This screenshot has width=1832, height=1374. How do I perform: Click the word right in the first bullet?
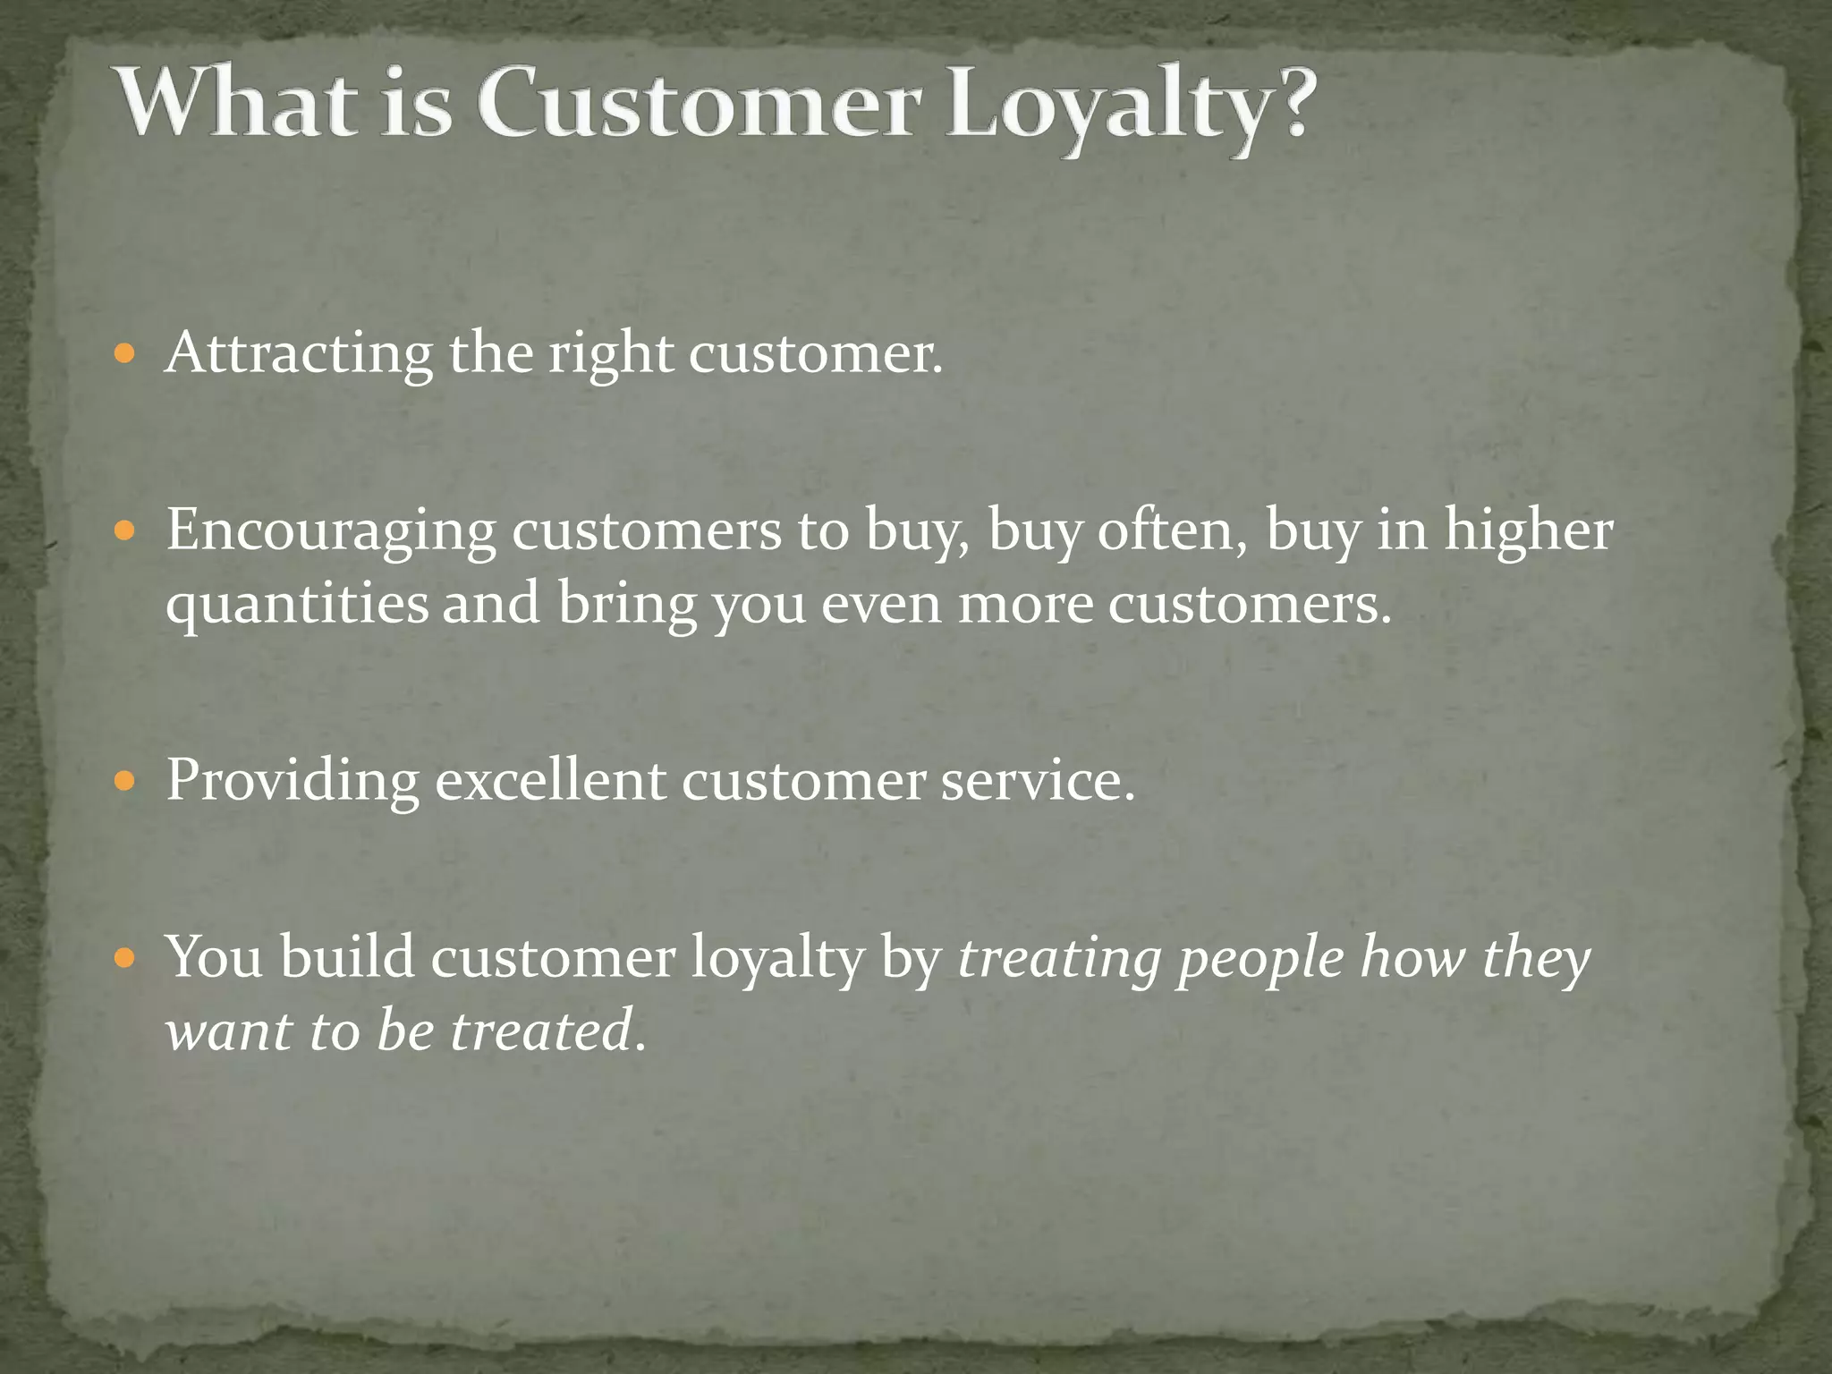coord(610,353)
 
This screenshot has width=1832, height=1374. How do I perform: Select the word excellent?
coord(550,780)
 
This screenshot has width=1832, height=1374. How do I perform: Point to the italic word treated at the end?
coord(541,1030)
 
